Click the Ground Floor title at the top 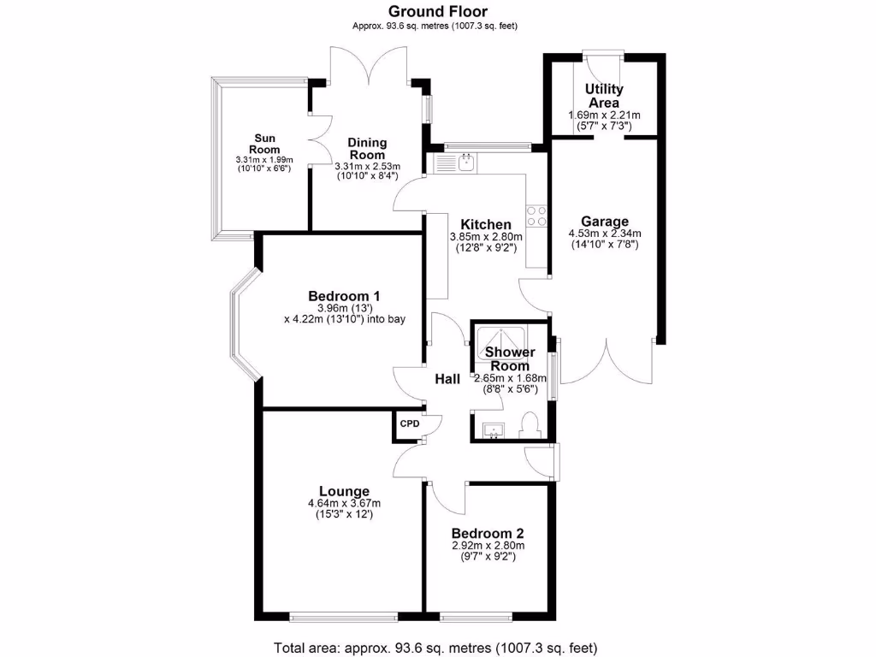tap(437, 11)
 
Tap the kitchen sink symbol tap(467, 161)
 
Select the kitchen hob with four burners tap(536, 216)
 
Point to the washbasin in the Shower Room tap(493, 430)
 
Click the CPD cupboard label tap(410, 423)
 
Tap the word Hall tap(447, 379)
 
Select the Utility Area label tap(604, 96)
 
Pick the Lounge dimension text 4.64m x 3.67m tap(345, 503)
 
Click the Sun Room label tap(264, 144)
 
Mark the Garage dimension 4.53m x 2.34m tap(605, 233)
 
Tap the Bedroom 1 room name tap(345, 296)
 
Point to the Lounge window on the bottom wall tap(342, 616)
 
